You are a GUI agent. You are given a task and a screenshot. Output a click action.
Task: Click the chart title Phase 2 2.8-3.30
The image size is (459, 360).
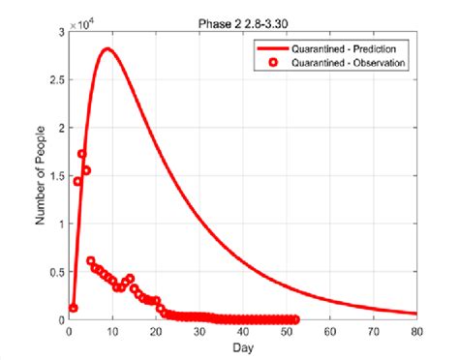[242, 20]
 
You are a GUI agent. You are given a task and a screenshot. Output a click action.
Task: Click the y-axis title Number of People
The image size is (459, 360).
[42, 176]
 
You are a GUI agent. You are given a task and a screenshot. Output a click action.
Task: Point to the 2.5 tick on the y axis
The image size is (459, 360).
[57, 80]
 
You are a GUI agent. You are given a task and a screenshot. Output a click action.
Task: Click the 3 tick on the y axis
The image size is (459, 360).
[60, 33]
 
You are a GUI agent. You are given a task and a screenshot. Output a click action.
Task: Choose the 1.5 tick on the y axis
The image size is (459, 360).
[57, 176]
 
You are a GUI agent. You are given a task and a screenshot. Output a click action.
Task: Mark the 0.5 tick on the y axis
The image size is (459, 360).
[57, 272]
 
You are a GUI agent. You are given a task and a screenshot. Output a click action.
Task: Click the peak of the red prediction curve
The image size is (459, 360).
[107, 49]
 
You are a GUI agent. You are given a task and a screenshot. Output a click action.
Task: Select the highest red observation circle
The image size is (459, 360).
[82, 154]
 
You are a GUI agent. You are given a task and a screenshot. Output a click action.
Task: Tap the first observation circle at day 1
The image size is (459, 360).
[74, 308]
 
